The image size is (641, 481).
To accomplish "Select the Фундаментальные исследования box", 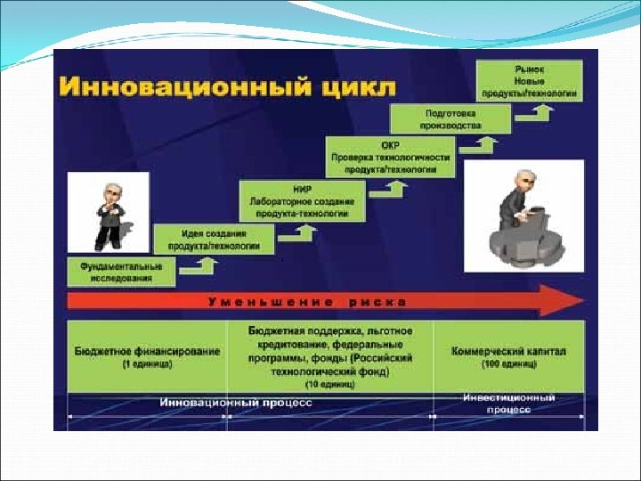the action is pyautogui.click(x=121, y=272).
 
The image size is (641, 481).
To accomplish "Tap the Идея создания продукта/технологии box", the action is pyautogui.click(x=215, y=239).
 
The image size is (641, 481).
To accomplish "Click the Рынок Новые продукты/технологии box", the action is pyautogui.click(x=530, y=80).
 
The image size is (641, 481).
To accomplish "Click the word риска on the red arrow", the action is pyautogui.click(x=377, y=301).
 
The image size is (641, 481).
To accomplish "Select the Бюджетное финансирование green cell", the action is pyautogui.click(x=147, y=356).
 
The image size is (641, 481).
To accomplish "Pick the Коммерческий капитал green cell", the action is pyautogui.click(x=508, y=356).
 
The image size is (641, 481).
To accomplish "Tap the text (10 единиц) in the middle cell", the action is pyautogui.click(x=330, y=384).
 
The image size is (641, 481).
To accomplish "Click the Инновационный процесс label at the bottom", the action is pyautogui.click(x=237, y=403).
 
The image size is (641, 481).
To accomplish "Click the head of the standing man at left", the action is pyautogui.click(x=110, y=192).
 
